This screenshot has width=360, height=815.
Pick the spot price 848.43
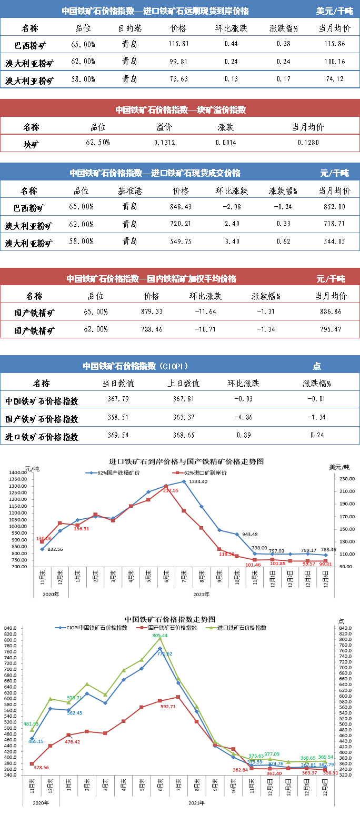[181, 206]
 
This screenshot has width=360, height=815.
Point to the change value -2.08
[232, 206]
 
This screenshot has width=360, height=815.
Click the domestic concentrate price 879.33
[152, 312]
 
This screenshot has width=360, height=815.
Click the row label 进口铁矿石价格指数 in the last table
[42, 437]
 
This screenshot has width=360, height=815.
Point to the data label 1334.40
[198, 481]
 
